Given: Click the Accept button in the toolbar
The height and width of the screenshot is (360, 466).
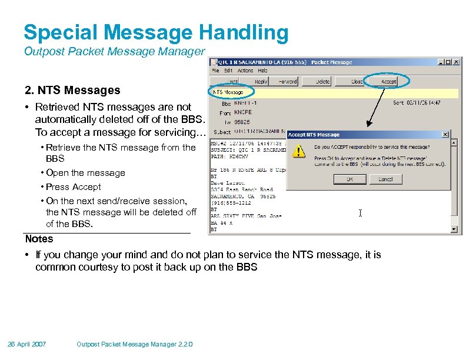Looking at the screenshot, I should coord(388,82).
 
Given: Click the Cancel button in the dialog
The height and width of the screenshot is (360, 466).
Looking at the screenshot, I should coord(385,179).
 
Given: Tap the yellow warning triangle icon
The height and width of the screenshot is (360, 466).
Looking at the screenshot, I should coord(300,151).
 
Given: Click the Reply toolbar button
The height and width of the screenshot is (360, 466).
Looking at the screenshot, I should coord(261,82).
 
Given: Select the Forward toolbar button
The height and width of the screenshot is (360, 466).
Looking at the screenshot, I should coord(288,82).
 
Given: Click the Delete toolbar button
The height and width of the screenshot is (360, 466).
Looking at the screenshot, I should coord(322,82).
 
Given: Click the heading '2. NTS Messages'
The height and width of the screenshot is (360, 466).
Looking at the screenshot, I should coord(72,91).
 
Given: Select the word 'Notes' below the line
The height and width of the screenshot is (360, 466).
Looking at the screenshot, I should coord(39,239).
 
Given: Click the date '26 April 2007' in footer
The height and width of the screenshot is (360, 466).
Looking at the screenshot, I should coord(27,344).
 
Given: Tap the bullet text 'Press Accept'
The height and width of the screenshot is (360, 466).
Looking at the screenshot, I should coord(73,187).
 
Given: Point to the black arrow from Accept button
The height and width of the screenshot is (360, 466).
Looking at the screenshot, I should coord(382,106).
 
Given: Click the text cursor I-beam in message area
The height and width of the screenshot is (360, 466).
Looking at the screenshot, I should coord(360,213).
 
